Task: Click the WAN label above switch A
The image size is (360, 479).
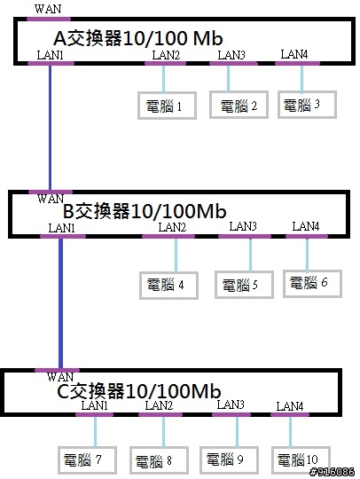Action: tap(48, 9)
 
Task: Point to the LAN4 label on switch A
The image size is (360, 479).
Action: tap(294, 54)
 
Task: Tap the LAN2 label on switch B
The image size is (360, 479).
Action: tap(172, 227)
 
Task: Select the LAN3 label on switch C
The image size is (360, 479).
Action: tap(231, 404)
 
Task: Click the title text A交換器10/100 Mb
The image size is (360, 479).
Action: tap(138, 38)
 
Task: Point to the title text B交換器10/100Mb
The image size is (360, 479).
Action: tap(145, 211)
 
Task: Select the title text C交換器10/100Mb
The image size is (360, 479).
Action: tap(139, 390)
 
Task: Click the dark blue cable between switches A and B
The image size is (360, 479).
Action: tap(50, 128)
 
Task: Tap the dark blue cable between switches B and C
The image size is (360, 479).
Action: tap(61, 303)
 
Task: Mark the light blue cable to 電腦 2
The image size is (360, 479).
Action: tap(228, 78)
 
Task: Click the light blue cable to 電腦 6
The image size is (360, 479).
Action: tap(307, 255)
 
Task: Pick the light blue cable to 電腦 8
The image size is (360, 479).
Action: tap(163, 432)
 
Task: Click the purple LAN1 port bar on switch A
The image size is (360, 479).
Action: tap(51, 64)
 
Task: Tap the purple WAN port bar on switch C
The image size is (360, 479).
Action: tap(57, 370)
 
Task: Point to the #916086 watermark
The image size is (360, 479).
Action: tap(333, 472)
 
